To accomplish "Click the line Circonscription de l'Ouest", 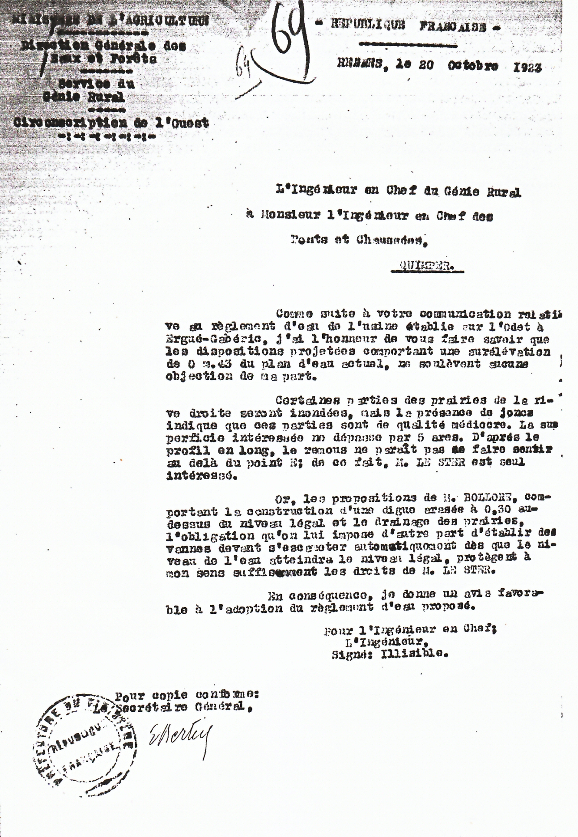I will coord(111,123).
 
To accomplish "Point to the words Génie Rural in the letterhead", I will coord(83,97).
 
